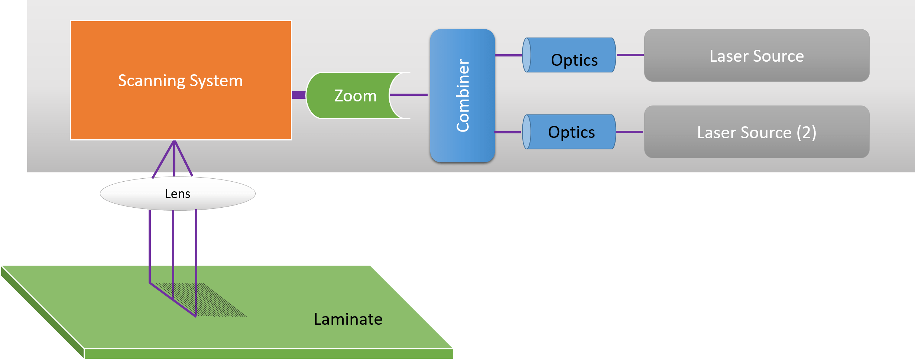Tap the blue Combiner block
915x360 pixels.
462,95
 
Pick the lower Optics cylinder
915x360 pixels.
571,132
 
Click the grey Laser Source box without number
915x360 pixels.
756,55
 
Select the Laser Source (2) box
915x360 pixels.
756,132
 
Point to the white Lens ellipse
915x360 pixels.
178,194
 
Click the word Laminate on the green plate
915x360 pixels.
348,319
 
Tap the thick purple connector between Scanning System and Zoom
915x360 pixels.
299,95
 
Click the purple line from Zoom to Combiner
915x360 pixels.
409,95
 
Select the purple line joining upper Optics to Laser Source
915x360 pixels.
630,55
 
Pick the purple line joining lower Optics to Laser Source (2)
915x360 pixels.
630,132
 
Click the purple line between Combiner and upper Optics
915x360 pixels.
508,55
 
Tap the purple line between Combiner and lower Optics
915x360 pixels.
507,132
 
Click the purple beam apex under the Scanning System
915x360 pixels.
174,143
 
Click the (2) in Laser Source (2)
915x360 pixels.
806,133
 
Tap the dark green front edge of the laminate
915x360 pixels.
267,354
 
